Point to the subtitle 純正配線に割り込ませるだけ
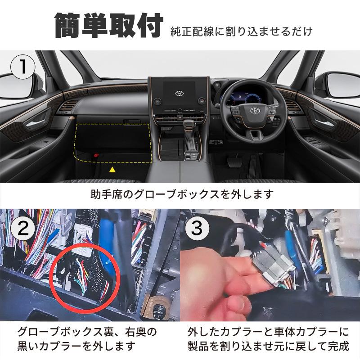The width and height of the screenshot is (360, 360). coord(241,32)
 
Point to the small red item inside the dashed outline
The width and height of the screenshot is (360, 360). coord(96,155)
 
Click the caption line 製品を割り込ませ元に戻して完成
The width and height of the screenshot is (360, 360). coord(268,346)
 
